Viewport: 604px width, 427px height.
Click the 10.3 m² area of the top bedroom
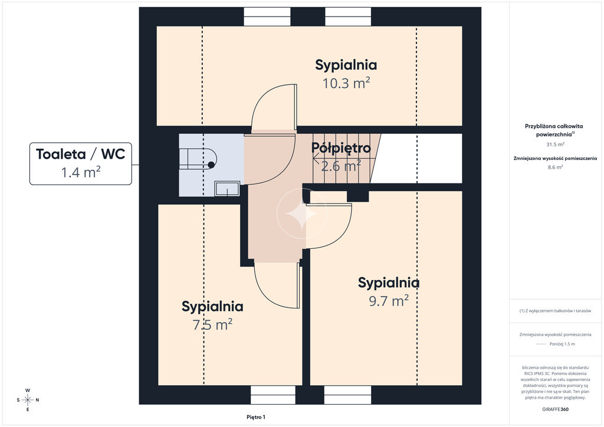coord(346,83)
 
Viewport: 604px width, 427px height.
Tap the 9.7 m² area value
coord(389,301)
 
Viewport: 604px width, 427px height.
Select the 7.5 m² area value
coord(212,324)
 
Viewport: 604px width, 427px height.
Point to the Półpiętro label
coord(341,148)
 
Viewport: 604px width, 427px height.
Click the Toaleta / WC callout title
coord(80,154)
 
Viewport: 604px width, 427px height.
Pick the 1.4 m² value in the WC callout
coord(80,172)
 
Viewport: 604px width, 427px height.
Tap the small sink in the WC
coord(227,189)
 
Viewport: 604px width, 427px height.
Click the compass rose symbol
coord(28,400)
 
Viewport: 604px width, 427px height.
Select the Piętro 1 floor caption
coord(256,417)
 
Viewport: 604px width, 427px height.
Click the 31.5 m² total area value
coord(555,144)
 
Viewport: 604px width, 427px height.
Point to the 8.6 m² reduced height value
coord(555,167)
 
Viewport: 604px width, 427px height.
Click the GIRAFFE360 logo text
coord(555,409)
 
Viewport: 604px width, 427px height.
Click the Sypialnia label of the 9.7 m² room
coord(389,283)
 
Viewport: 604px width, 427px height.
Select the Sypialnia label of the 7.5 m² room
coord(212,307)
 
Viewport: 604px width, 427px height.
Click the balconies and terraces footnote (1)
coord(555,311)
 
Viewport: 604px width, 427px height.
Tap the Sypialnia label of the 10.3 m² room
coord(346,65)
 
